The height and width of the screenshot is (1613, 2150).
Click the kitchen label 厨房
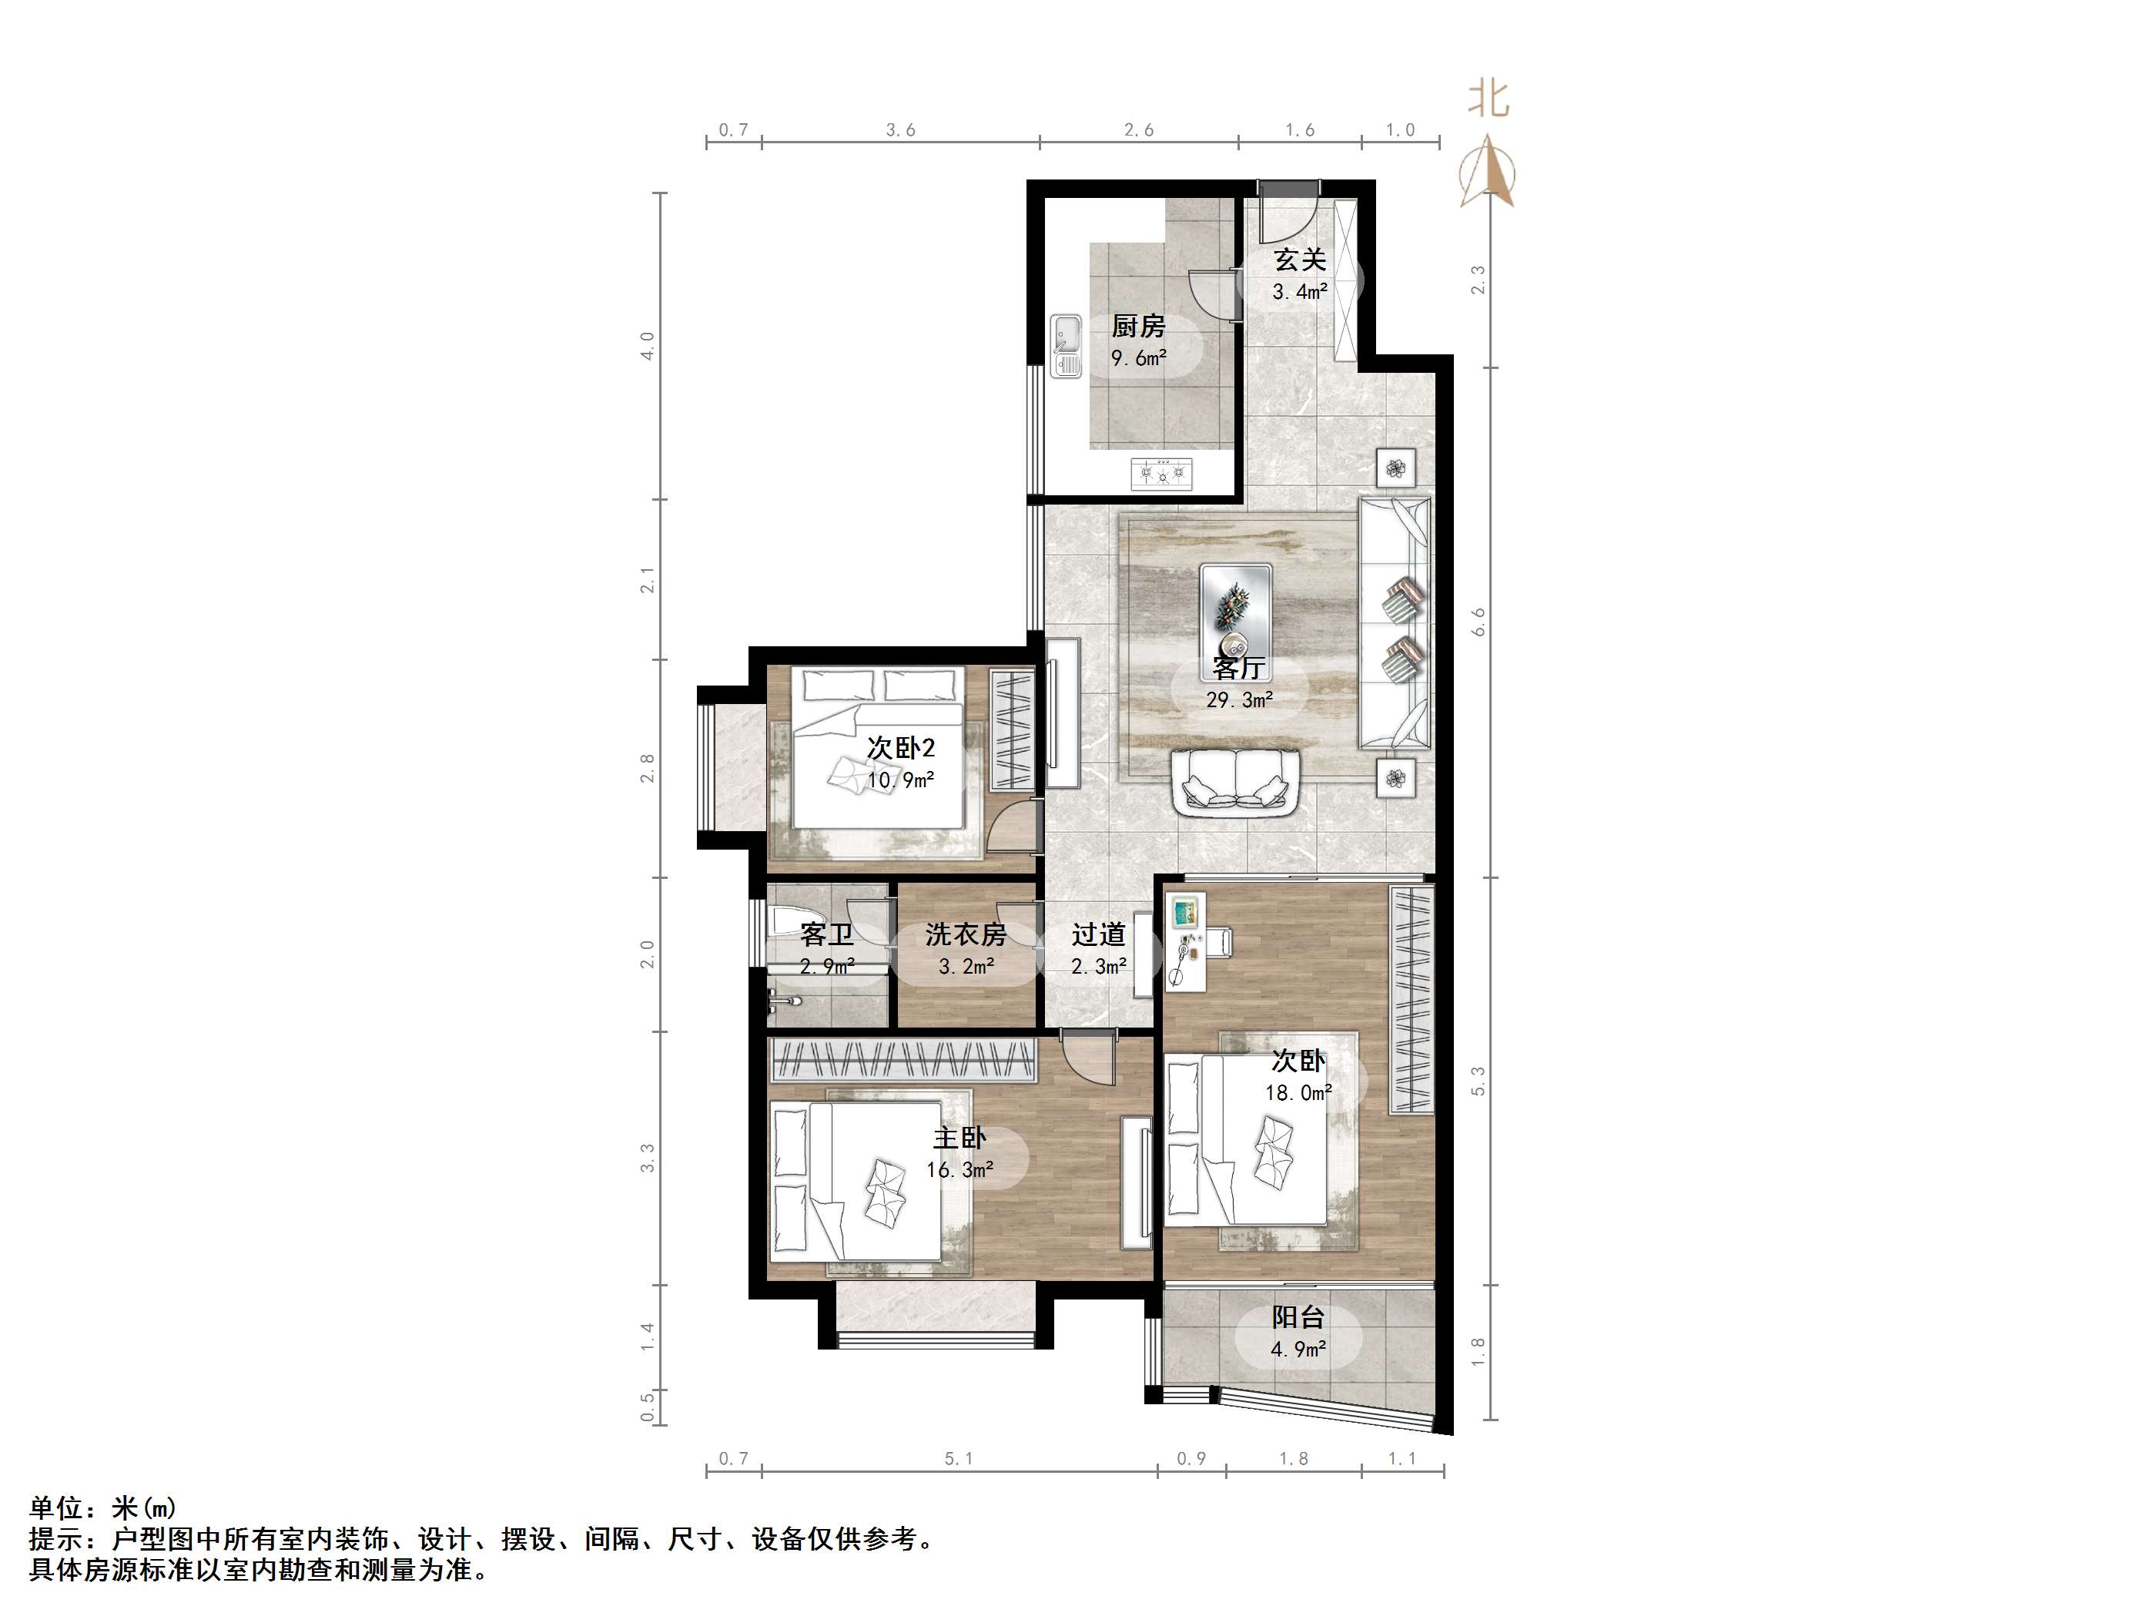click(x=1138, y=326)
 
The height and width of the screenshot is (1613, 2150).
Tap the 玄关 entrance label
click(x=1301, y=260)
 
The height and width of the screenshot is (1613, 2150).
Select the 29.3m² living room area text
click(x=1239, y=699)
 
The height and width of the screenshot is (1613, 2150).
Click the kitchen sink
click(x=1067, y=346)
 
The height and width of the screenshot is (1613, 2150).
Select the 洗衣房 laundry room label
click(x=965, y=934)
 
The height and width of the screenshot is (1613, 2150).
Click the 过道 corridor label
click(x=1098, y=934)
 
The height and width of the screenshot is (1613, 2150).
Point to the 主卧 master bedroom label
click(x=959, y=1138)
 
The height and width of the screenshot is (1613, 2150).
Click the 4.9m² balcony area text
click(x=1298, y=1350)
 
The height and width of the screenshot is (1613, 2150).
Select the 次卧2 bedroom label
click(x=901, y=748)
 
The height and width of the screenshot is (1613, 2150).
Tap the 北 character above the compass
click(x=1487, y=98)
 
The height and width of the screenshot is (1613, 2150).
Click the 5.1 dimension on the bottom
click(x=959, y=1457)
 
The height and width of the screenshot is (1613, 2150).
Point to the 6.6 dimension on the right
click(x=1479, y=622)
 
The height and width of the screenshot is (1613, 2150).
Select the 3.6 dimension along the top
click(x=901, y=129)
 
